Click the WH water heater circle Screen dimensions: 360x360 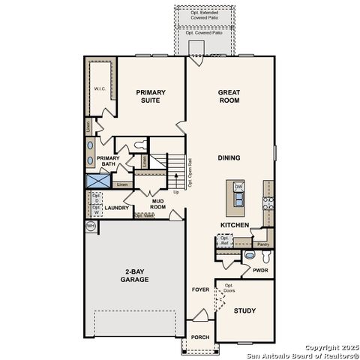pos(91,226)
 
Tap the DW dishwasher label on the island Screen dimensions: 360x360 pos(238,187)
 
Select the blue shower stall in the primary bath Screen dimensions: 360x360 pos(97,181)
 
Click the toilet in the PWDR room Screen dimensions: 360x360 pos(250,256)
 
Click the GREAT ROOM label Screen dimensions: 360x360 pos(229,97)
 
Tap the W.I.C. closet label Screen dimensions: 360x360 pos(100,88)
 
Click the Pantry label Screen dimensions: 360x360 pos(262,244)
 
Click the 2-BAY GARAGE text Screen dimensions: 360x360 pos(136,275)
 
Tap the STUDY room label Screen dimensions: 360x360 pos(244,310)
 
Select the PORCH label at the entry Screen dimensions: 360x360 pos(199,337)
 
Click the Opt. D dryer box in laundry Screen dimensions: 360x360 pos(96,199)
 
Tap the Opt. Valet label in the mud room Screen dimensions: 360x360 pos(145,215)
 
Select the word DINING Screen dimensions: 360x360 pos(229,158)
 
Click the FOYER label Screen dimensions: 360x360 pos(200,288)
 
